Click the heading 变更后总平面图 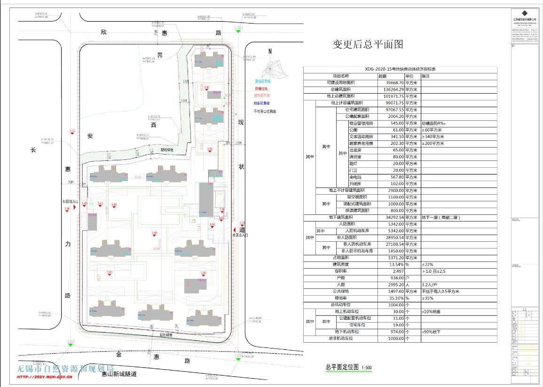click(368, 45)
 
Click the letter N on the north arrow click(270, 51)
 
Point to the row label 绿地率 click(341, 298)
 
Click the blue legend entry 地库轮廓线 click(262, 103)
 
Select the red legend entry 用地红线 click(261, 88)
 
